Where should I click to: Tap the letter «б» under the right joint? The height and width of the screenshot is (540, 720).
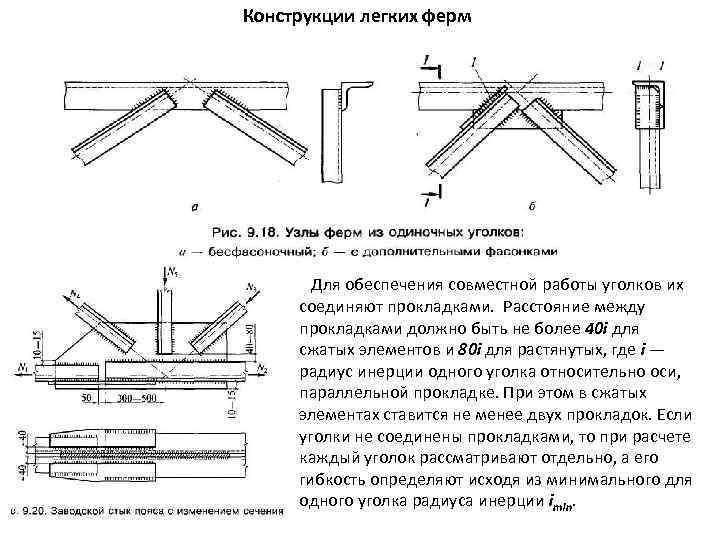(x=531, y=206)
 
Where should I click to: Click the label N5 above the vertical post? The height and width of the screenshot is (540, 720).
(x=176, y=272)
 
